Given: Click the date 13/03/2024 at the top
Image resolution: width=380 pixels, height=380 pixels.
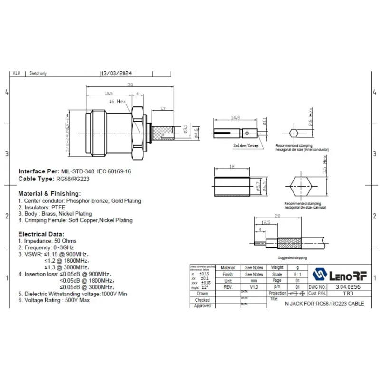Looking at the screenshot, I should click(117, 73).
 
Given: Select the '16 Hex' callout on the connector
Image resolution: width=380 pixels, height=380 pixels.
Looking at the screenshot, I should click(117, 101).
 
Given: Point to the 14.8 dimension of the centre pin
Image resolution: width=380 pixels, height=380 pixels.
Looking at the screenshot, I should click(235, 117).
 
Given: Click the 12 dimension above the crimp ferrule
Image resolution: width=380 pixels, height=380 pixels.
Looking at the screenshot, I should click(232, 167).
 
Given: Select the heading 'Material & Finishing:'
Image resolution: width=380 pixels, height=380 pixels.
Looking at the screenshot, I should click(49, 194).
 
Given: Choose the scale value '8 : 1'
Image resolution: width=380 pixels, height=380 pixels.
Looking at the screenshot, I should click(277, 274).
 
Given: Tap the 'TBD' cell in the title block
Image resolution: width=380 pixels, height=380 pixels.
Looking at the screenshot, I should click(348, 294).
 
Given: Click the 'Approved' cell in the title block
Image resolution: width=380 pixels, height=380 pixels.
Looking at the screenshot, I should click(202, 306).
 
